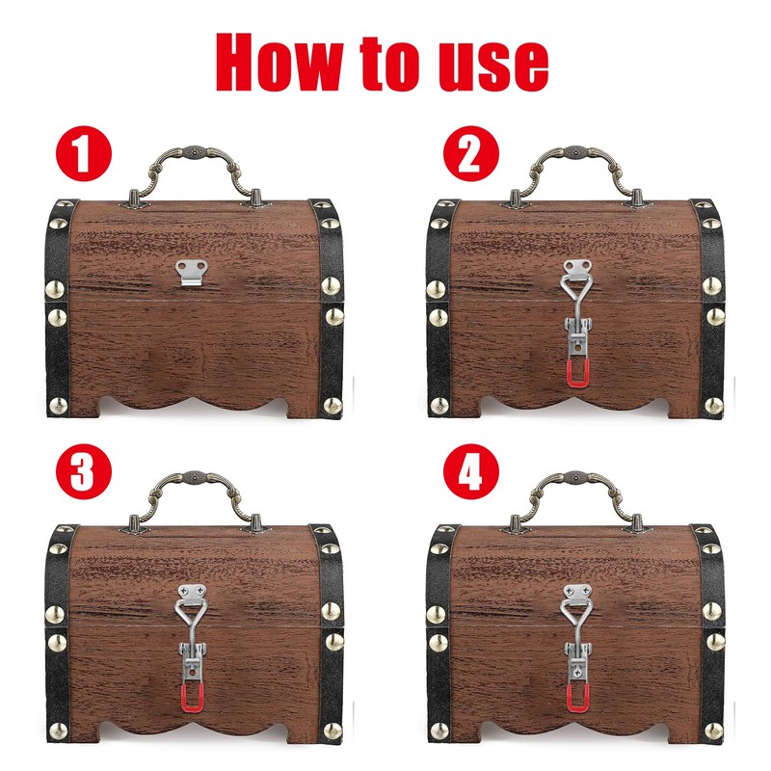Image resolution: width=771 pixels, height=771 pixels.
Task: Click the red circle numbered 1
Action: [85, 154]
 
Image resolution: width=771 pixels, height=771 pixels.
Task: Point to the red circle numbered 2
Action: [467, 154]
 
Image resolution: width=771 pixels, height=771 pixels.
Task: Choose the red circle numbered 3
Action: [85, 475]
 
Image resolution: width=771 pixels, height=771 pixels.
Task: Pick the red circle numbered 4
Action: [467, 475]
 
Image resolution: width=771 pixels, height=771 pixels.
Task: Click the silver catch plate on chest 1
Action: [194, 271]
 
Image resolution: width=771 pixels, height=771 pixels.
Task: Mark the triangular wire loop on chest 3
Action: [193, 617]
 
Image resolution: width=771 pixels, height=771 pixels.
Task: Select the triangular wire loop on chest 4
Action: [576, 617]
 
